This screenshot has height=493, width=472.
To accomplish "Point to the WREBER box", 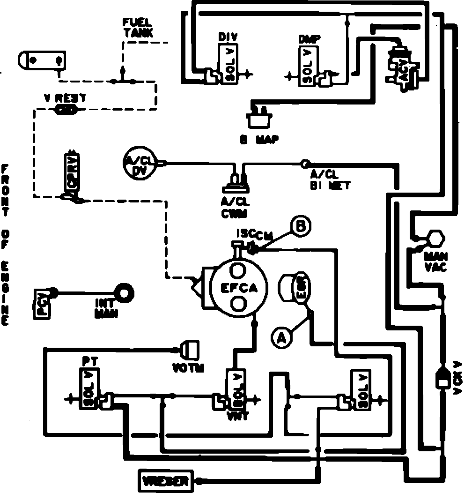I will pos(165,481).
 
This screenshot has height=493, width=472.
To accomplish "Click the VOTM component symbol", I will pos(189,349).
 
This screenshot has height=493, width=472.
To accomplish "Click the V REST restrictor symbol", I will pos(66,110).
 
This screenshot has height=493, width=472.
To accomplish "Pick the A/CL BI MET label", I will pos(330,180).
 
